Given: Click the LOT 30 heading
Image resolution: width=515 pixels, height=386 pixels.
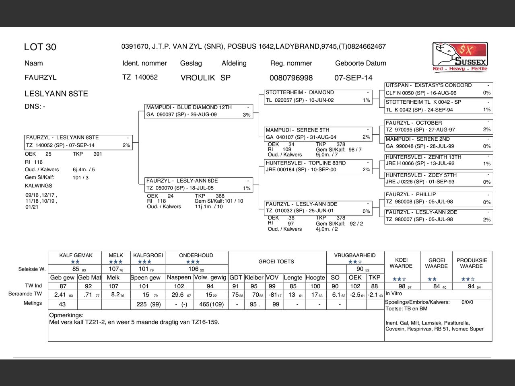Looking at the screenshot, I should click(x=40, y=47).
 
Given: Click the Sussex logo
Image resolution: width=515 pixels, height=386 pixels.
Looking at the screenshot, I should click(x=460, y=57).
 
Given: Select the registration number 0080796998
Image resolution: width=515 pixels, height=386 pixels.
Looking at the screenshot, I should click(x=291, y=78).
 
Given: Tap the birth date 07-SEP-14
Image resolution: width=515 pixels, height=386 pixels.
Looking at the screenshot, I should click(x=353, y=78).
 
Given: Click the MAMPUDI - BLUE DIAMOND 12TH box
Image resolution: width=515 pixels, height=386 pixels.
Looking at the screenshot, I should click(x=199, y=111).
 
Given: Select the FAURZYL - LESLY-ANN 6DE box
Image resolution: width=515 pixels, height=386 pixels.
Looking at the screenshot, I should click(x=199, y=184).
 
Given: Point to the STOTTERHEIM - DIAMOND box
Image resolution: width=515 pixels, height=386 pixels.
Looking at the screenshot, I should click(x=318, y=96).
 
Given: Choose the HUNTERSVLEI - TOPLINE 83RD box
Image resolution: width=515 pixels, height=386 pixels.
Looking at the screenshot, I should click(x=318, y=166).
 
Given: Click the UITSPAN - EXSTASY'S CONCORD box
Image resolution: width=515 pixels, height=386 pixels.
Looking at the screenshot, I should click(x=438, y=89).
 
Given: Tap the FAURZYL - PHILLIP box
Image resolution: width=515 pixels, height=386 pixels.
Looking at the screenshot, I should click(x=438, y=198).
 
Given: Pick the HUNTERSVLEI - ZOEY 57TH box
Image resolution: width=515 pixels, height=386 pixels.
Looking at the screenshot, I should click(x=438, y=179).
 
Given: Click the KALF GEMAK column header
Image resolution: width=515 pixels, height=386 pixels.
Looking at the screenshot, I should click(x=76, y=255).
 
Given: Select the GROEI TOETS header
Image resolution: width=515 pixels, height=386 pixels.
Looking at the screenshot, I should click(x=276, y=262).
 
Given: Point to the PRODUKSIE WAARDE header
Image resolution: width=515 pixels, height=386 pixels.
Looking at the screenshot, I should click(x=472, y=263).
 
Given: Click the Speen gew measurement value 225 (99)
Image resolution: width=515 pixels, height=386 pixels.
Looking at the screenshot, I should click(x=148, y=304).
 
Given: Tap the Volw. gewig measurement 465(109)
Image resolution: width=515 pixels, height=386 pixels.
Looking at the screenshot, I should click(x=211, y=304).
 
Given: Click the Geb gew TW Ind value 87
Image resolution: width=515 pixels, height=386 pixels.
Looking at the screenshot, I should click(x=63, y=286).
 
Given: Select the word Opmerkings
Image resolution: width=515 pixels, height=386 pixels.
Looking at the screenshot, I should click(x=66, y=315).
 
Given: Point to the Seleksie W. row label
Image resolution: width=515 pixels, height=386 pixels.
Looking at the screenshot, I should click(x=32, y=269).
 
